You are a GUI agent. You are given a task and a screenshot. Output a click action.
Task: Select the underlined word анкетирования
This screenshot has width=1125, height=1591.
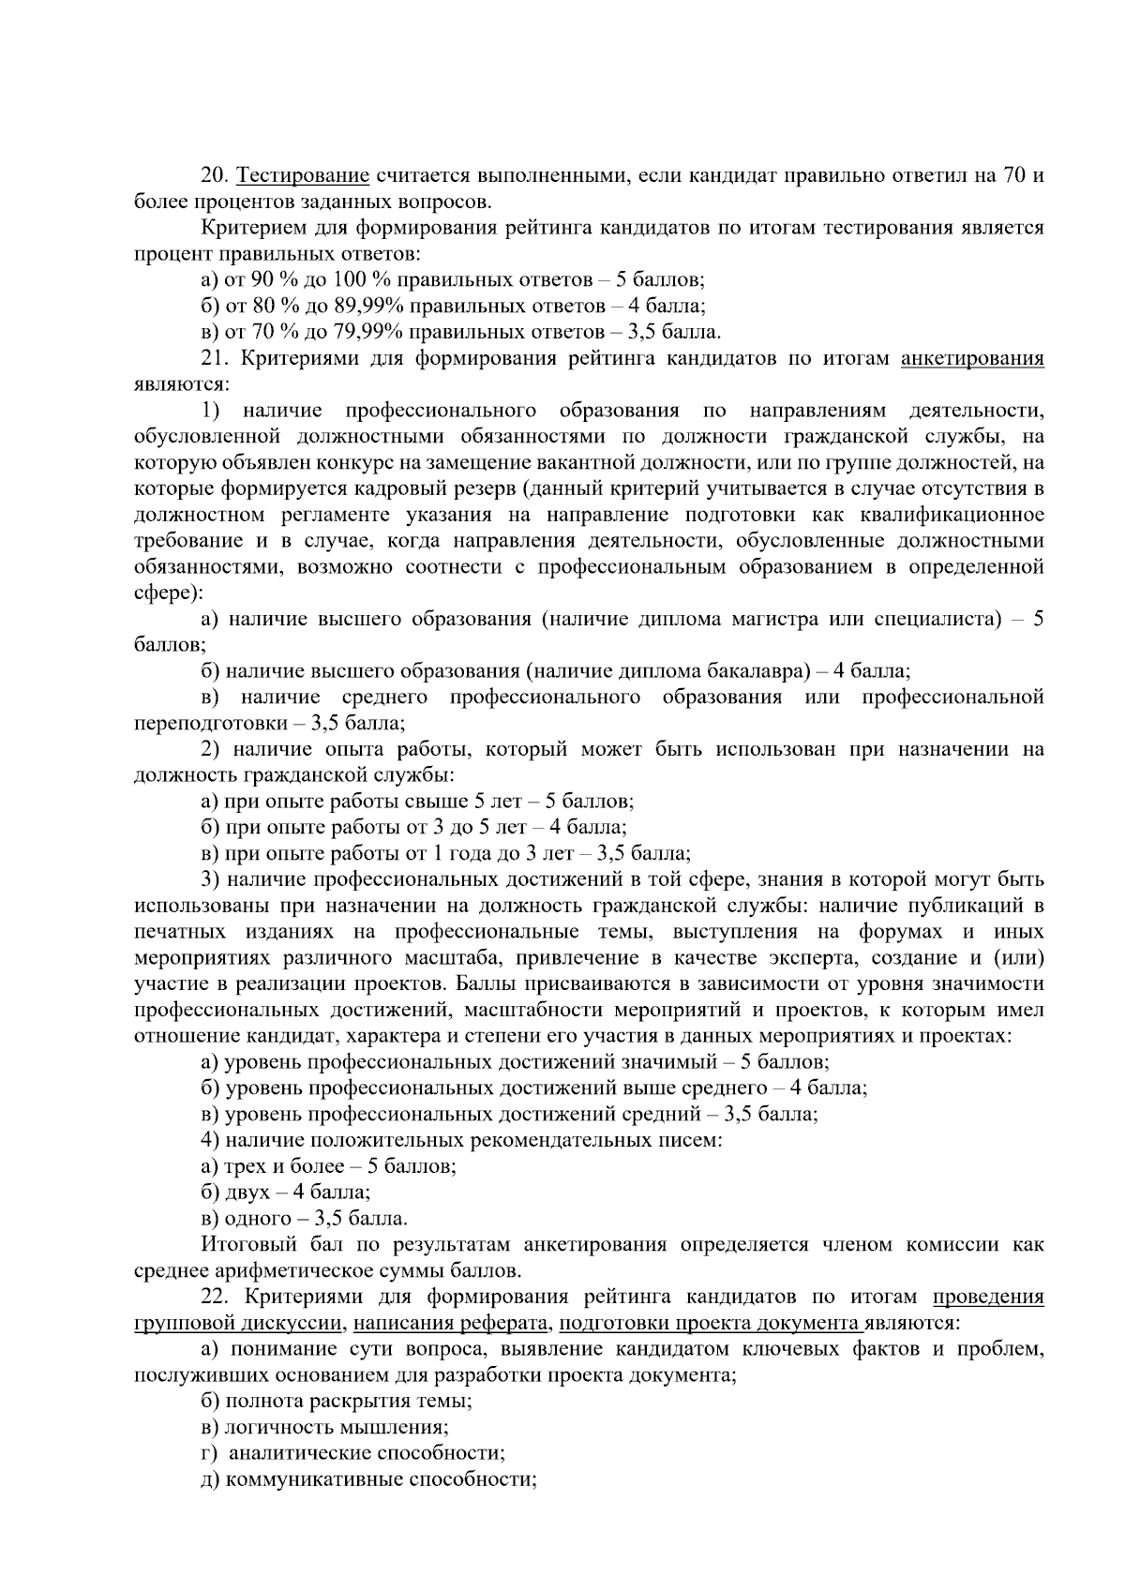click(x=971, y=358)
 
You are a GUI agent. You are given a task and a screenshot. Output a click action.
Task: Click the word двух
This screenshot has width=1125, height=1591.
click(x=245, y=1193)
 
